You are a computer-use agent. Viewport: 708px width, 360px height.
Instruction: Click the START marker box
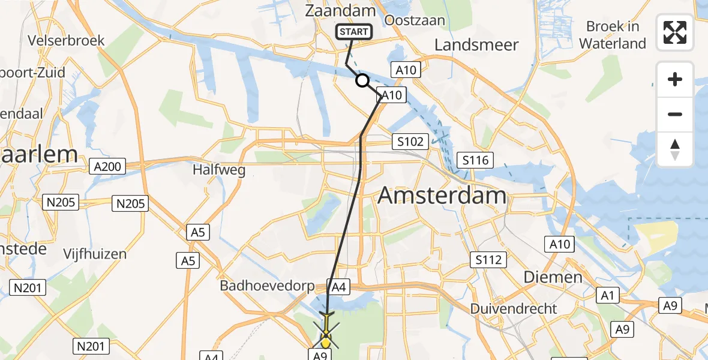point(355,32)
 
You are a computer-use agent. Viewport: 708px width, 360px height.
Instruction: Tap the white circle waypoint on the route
point(362,80)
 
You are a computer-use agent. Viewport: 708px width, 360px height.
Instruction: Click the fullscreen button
point(675,32)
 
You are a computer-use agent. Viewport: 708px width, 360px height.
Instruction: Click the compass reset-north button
point(675,149)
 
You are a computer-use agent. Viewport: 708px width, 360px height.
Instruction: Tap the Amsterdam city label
point(442,196)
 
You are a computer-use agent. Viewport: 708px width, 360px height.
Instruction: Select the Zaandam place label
point(340,10)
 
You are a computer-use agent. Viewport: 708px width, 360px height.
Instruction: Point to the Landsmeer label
point(476,45)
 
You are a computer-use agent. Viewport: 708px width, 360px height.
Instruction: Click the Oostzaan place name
point(416,20)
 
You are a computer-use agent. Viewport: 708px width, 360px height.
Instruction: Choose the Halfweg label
point(219,170)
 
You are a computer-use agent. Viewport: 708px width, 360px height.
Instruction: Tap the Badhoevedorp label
point(267,286)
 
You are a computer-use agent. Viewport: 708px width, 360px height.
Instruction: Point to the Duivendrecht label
point(514,308)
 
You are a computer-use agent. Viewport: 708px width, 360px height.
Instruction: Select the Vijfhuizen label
point(95,254)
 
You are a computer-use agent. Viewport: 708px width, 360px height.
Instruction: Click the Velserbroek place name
point(66,41)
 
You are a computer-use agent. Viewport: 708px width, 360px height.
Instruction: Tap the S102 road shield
point(410,142)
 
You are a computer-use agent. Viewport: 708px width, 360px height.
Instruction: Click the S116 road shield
point(475,160)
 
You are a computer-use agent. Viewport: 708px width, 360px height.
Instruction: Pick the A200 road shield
point(107,167)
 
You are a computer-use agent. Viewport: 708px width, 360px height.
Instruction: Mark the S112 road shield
point(488,260)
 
